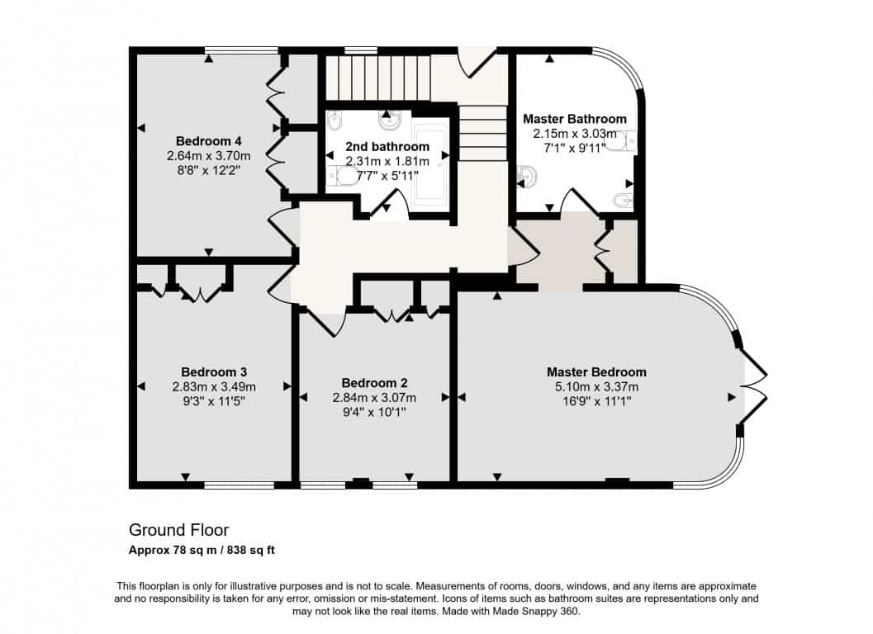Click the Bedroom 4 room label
[208, 141]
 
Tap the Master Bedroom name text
[596, 371]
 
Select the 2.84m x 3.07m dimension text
[374, 397]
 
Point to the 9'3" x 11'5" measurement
[214, 400]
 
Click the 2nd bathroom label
[387, 146]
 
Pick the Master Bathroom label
[575, 119]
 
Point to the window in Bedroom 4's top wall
[241, 50]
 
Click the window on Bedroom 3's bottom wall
[240, 485]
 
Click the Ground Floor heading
[178, 529]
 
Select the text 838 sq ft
[252, 551]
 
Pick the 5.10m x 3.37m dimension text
[596, 387]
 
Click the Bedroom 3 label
[214, 371]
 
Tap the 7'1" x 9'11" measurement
[575, 148]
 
